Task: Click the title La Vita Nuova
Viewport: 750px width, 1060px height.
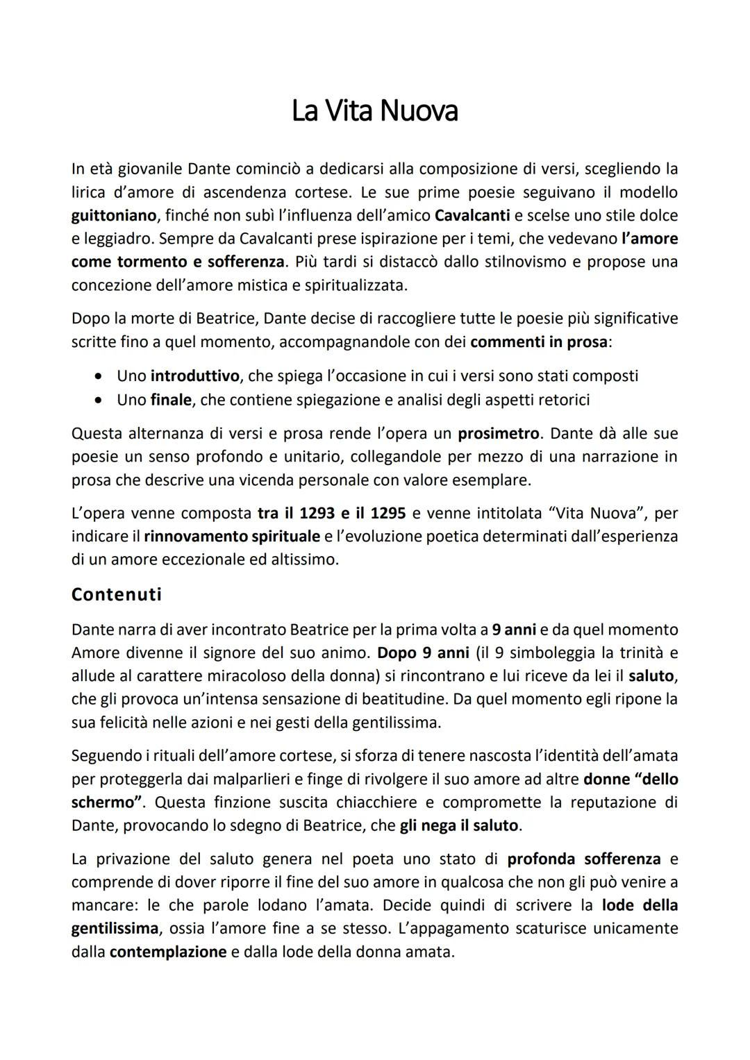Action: coord(374,111)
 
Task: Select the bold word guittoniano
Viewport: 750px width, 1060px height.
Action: coord(113,215)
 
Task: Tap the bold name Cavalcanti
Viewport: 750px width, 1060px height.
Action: coord(472,215)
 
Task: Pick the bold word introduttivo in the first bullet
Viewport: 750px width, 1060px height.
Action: coord(194,376)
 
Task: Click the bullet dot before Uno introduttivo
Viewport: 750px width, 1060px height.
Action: coord(101,376)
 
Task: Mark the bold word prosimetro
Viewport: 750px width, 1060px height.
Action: coord(498,434)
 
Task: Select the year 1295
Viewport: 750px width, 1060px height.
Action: coord(389,514)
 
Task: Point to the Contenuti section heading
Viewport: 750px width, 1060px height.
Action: coord(117,595)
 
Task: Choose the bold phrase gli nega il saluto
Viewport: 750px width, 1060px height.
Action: coord(459,825)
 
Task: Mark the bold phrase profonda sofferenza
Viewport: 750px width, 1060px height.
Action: coord(583,859)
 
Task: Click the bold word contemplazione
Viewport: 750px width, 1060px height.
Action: coord(168,952)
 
